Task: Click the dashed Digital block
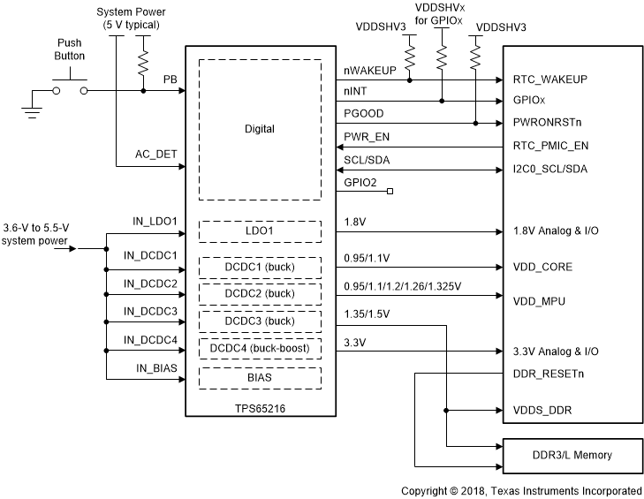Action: tap(259, 130)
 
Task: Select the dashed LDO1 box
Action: tap(259, 231)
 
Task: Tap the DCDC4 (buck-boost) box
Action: tap(259, 350)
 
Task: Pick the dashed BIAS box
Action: tap(259, 377)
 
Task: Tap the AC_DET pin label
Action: tap(156, 154)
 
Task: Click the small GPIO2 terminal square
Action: tap(389, 190)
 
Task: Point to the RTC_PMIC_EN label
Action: tap(550, 147)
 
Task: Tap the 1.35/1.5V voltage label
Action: tap(367, 314)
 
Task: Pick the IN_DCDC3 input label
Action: tap(150, 311)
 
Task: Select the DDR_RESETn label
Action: tap(549, 373)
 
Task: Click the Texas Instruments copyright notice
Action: tap(521, 490)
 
